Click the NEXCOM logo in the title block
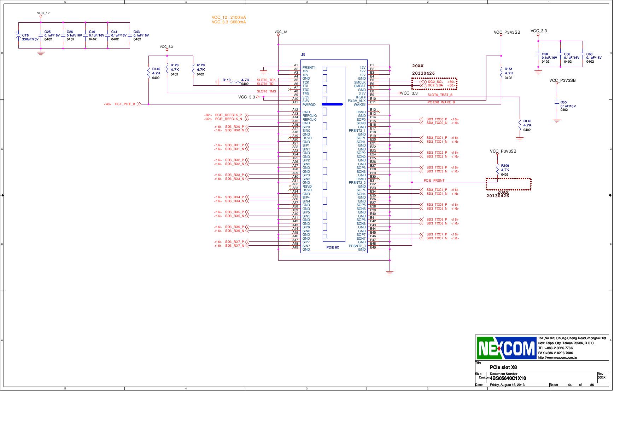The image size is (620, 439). click(x=506, y=348)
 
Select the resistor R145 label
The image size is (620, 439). click(x=156, y=69)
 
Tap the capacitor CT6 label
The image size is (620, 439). click(x=25, y=35)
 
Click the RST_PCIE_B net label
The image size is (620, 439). click(x=125, y=104)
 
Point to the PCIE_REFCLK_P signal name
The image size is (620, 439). click(x=228, y=115)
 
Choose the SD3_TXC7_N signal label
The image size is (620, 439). click(x=437, y=238)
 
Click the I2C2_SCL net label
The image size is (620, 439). click(x=435, y=82)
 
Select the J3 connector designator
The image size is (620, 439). click(x=303, y=55)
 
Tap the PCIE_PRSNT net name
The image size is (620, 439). click(x=434, y=181)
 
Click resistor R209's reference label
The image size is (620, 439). click(x=505, y=166)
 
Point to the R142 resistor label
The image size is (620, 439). click(x=527, y=121)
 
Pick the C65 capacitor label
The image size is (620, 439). click(x=563, y=102)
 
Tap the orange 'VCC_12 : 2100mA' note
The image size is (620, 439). click(x=229, y=17)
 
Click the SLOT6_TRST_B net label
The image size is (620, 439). click(x=440, y=95)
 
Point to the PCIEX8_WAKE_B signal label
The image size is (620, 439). click(x=441, y=102)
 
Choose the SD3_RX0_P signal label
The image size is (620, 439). click(x=234, y=126)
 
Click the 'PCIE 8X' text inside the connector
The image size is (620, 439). click(x=333, y=247)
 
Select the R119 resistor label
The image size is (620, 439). click(x=227, y=80)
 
